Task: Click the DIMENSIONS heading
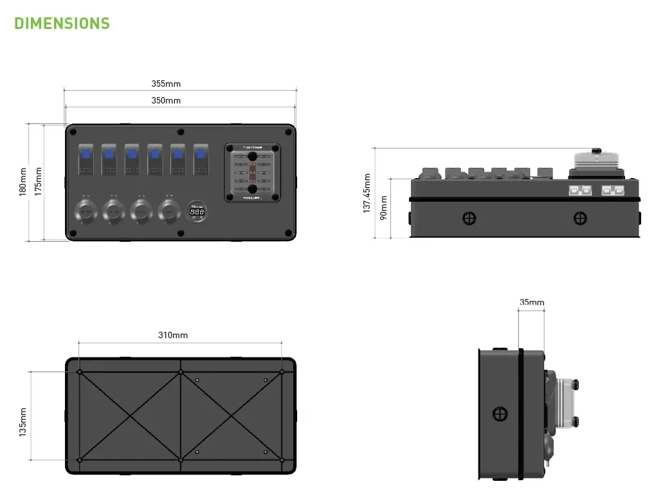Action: click(x=62, y=24)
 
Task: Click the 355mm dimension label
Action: click(x=166, y=84)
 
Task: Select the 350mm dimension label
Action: click(x=166, y=100)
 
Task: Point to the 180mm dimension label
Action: click(x=23, y=182)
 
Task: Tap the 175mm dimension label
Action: click(x=38, y=182)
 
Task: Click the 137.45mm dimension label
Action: click(x=367, y=193)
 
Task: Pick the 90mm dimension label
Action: click(x=383, y=207)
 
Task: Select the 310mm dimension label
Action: click(x=173, y=335)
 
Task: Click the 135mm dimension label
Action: click(x=23, y=422)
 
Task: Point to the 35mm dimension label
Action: click(x=532, y=302)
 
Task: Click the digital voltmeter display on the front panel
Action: click(x=197, y=212)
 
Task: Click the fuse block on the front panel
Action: click(x=252, y=173)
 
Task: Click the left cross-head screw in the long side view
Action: click(x=469, y=219)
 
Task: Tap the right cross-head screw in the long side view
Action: click(x=579, y=219)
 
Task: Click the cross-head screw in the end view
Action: click(x=500, y=414)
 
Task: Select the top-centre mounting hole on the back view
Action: click(x=181, y=372)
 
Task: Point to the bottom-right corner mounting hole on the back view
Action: click(x=282, y=460)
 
